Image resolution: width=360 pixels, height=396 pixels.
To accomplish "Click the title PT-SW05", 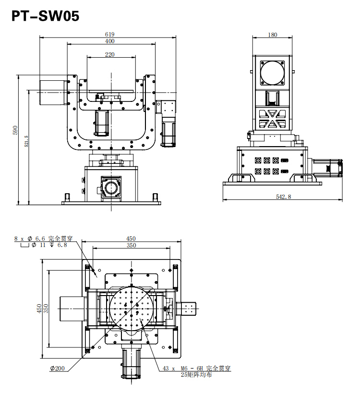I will (x=45, y=17).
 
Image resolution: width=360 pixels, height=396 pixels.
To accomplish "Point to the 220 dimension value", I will (x=110, y=55).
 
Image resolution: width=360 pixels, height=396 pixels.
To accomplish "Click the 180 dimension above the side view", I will (x=273, y=35).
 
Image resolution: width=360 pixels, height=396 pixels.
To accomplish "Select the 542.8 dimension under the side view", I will (x=283, y=197).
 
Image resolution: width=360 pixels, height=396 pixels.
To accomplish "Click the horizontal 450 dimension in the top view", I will (x=131, y=238).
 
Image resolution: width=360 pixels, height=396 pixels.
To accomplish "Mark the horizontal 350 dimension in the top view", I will (x=131, y=246).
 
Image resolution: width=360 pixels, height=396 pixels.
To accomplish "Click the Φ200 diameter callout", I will (x=57, y=369).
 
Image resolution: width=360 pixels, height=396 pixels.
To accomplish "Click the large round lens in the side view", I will (x=273, y=73).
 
